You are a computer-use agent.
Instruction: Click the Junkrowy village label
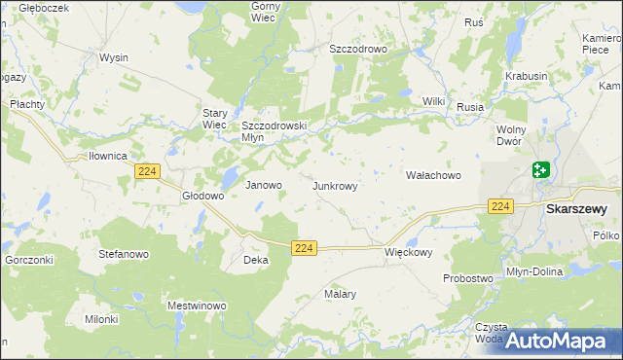[341, 185]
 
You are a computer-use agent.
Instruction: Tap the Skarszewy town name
[576, 208]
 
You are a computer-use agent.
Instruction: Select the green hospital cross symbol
[541, 170]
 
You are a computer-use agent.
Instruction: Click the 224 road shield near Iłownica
[147, 171]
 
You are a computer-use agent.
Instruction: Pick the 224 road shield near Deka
[304, 249]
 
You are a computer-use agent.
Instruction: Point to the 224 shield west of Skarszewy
[500, 206]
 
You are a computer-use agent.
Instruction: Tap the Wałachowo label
[432, 176]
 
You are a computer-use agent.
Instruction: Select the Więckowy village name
[408, 251]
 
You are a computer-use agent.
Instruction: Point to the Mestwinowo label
[198, 306]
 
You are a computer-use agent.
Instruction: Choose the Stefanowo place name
[123, 253]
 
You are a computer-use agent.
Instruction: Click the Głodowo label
[203, 196]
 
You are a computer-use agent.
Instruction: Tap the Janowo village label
[263, 185]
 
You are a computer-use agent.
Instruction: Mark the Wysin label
[113, 57]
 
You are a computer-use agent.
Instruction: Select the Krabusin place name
[527, 75]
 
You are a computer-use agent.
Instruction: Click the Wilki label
[433, 101]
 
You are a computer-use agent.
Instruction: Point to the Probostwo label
[467, 278]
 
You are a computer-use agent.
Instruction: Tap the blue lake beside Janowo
[230, 178]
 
